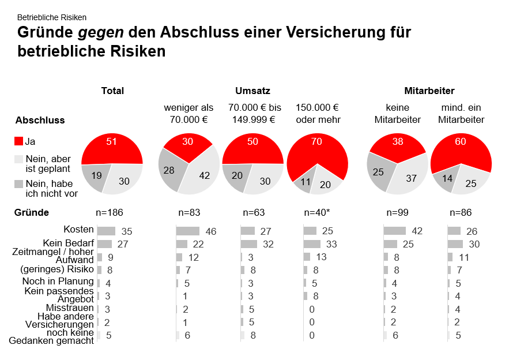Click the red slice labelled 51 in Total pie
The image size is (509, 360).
pos(112,149)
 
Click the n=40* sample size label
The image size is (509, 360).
pos(316,212)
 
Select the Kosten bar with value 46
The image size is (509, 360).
pos(187,231)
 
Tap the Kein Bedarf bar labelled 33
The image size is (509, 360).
pos(311,244)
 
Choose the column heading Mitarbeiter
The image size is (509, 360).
pos(429,91)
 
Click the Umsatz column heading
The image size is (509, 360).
pos(252,91)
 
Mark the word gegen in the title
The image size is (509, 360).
pos(92,32)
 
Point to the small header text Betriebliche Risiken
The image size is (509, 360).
pos(52,18)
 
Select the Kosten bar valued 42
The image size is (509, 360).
pos(395,231)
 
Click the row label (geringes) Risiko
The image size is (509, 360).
pos(56,269)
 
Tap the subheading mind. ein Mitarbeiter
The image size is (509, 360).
pos(461,114)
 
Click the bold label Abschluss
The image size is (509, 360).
pos(40,121)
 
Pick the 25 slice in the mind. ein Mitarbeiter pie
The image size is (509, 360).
pos(470,182)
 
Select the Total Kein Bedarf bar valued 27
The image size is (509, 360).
pos(104,244)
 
